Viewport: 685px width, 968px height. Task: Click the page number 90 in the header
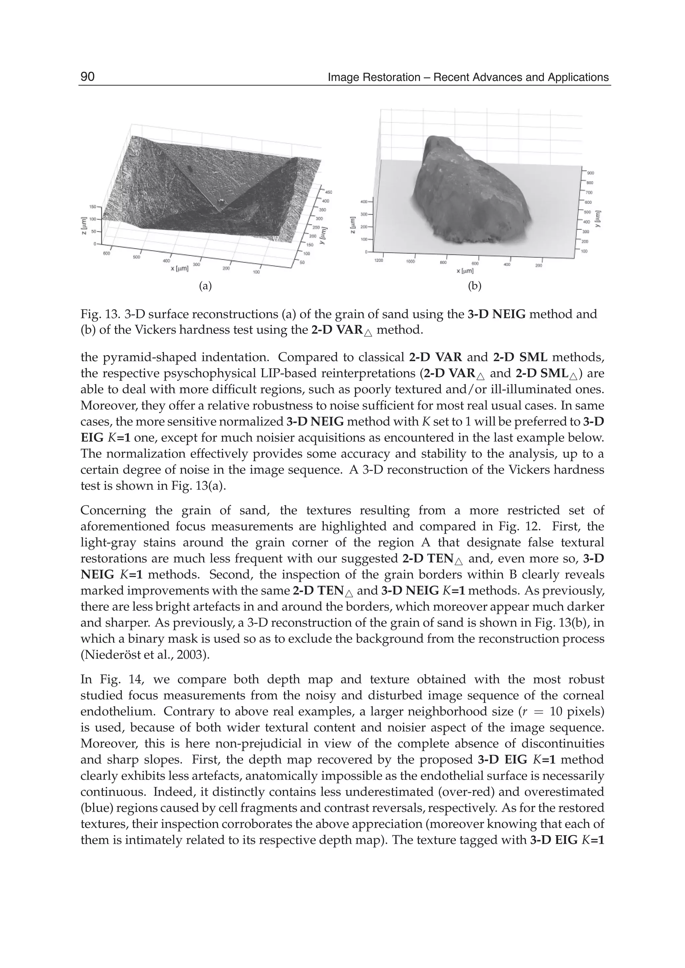click(x=88, y=77)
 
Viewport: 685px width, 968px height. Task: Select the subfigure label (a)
click(x=205, y=286)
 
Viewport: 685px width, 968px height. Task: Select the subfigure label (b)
click(x=475, y=286)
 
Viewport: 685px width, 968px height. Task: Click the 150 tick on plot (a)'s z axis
click(x=92, y=207)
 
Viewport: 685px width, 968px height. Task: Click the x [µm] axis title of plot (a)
click(x=182, y=268)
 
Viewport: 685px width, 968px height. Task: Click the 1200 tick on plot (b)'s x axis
click(x=379, y=261)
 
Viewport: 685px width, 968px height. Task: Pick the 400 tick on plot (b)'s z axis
click(x=364, y=202)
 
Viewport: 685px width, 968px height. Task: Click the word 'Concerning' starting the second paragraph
click(x=113, y=510)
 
